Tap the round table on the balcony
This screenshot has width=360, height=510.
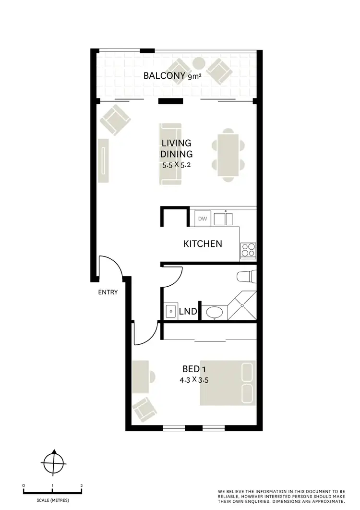[199, 63]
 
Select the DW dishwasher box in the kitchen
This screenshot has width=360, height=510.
[203, 219]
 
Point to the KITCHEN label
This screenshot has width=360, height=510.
[203, 244]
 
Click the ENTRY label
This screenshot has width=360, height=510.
[108, 292]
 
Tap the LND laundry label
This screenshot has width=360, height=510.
[188, 312]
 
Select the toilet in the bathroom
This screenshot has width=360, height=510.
[247, 277]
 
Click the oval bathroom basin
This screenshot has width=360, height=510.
[213, 312]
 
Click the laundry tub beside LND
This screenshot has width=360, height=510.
[170, 311]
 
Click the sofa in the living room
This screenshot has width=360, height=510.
[170, 154]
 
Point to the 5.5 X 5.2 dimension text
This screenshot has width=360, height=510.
[178, 165]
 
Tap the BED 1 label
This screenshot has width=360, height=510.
[194, 369]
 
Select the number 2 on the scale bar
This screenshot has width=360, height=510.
[82, 486]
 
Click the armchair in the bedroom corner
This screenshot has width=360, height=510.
[144, 409]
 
